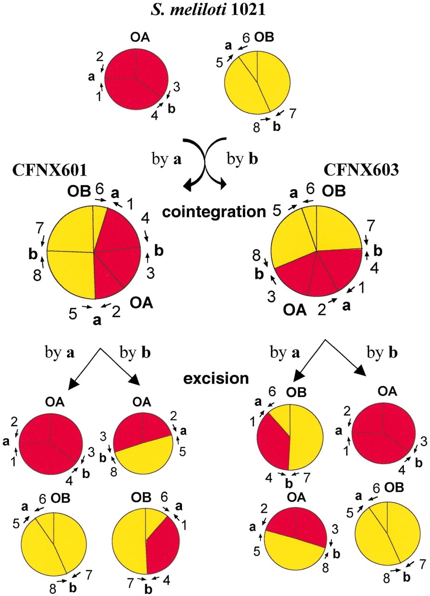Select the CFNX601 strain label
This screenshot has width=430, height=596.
tap(50, 170)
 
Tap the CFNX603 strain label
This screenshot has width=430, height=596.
tap(362, 169)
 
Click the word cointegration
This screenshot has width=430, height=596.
tap(214, 212)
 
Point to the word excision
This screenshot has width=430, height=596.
tap(216, 379)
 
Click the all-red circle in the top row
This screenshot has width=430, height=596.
tap(136, 79)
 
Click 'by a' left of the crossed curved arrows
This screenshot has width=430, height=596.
tap(167, 159)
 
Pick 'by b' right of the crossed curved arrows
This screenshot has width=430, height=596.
tap(242, 159)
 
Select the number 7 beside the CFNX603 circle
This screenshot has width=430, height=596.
tap(370, 227)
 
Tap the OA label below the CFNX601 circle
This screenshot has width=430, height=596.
tap(141, 303)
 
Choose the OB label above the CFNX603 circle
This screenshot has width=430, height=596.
tap(334, 191)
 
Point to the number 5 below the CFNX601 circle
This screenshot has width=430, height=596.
tap(73, 313)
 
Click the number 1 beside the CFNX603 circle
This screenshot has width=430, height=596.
tap(361, 287)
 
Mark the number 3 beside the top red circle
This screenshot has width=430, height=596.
tap(176, 87)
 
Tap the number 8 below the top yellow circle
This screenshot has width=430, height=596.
tap(256, 128)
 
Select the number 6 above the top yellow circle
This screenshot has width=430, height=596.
tap(246, 38)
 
